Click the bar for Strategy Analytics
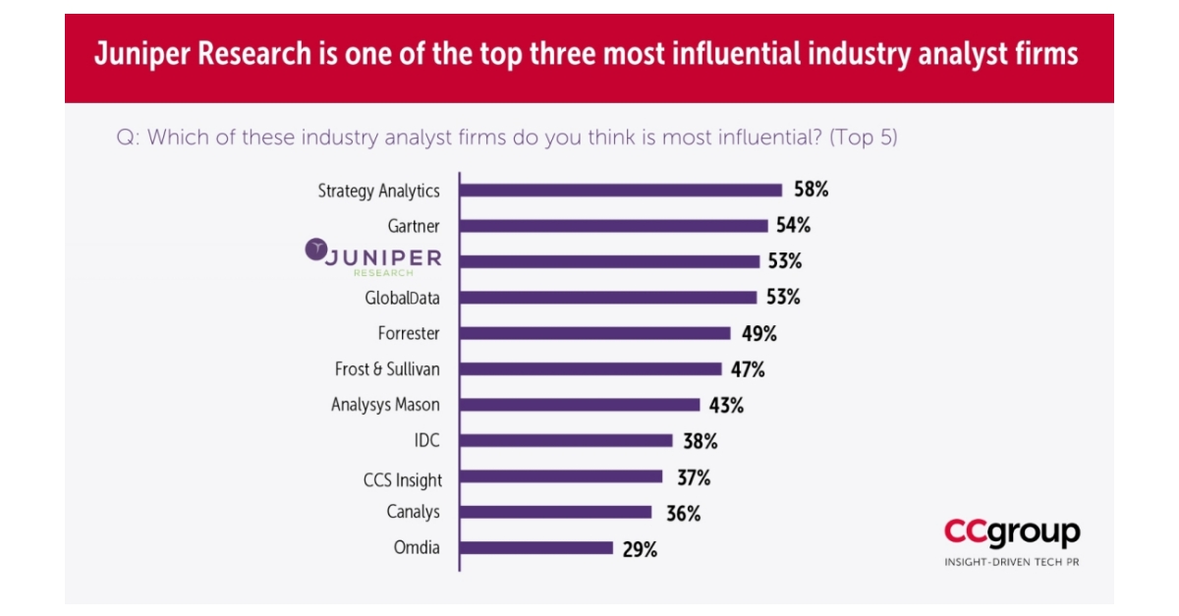(621, 191)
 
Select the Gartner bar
(614, 226)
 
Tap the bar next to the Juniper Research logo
(610, 261)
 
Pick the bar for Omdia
(536, 548)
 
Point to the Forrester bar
(595, 333)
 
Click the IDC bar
(567, 441)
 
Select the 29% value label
(640, 549)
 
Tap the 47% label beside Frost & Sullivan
(747, 369)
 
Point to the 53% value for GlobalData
(782, 298)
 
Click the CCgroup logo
(1012, 532)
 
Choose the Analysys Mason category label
(385, 405)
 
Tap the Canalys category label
(413, 512)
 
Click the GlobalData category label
(402, 298)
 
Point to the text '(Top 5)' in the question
(863, 138)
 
